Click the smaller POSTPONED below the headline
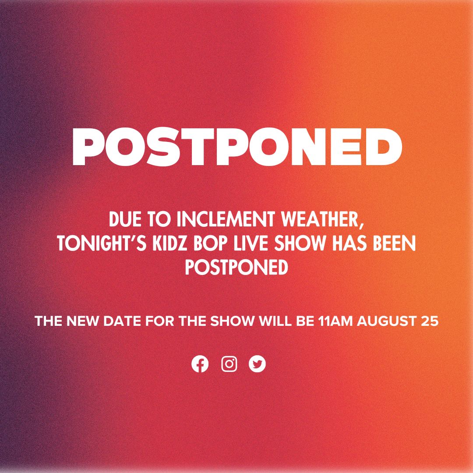click(x=236, y=268)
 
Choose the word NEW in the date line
click(x=81, y=321)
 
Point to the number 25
click(x=429, y=321)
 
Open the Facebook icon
click(x=200, y=364)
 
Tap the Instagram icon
click(x=229, y=364)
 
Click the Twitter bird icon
click(x=258, y=364)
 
